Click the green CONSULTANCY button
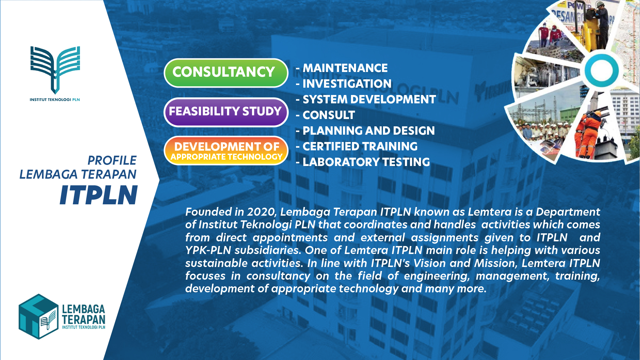click(x=226, y=73)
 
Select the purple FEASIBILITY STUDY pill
click(x=226, y=112)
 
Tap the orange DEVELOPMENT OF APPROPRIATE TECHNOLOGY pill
click(x=226, y=151)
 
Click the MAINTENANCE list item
click(x=342, y=68)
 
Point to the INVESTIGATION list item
click(x=344, y=84)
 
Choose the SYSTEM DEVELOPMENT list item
click(x=366, y=99)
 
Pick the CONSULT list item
click(x=325, y=115)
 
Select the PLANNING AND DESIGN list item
click(x=365, y=131)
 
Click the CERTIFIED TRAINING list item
click(x=357, y=146)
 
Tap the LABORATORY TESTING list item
click(x=363, y=162)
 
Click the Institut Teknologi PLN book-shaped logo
click(x=55, y=70)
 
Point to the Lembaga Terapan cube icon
click(x=39, y=317)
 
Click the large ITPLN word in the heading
click(x=99, y=195)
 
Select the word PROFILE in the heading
click(x=112, y=160)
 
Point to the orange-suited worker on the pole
click(x=588, y=133)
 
